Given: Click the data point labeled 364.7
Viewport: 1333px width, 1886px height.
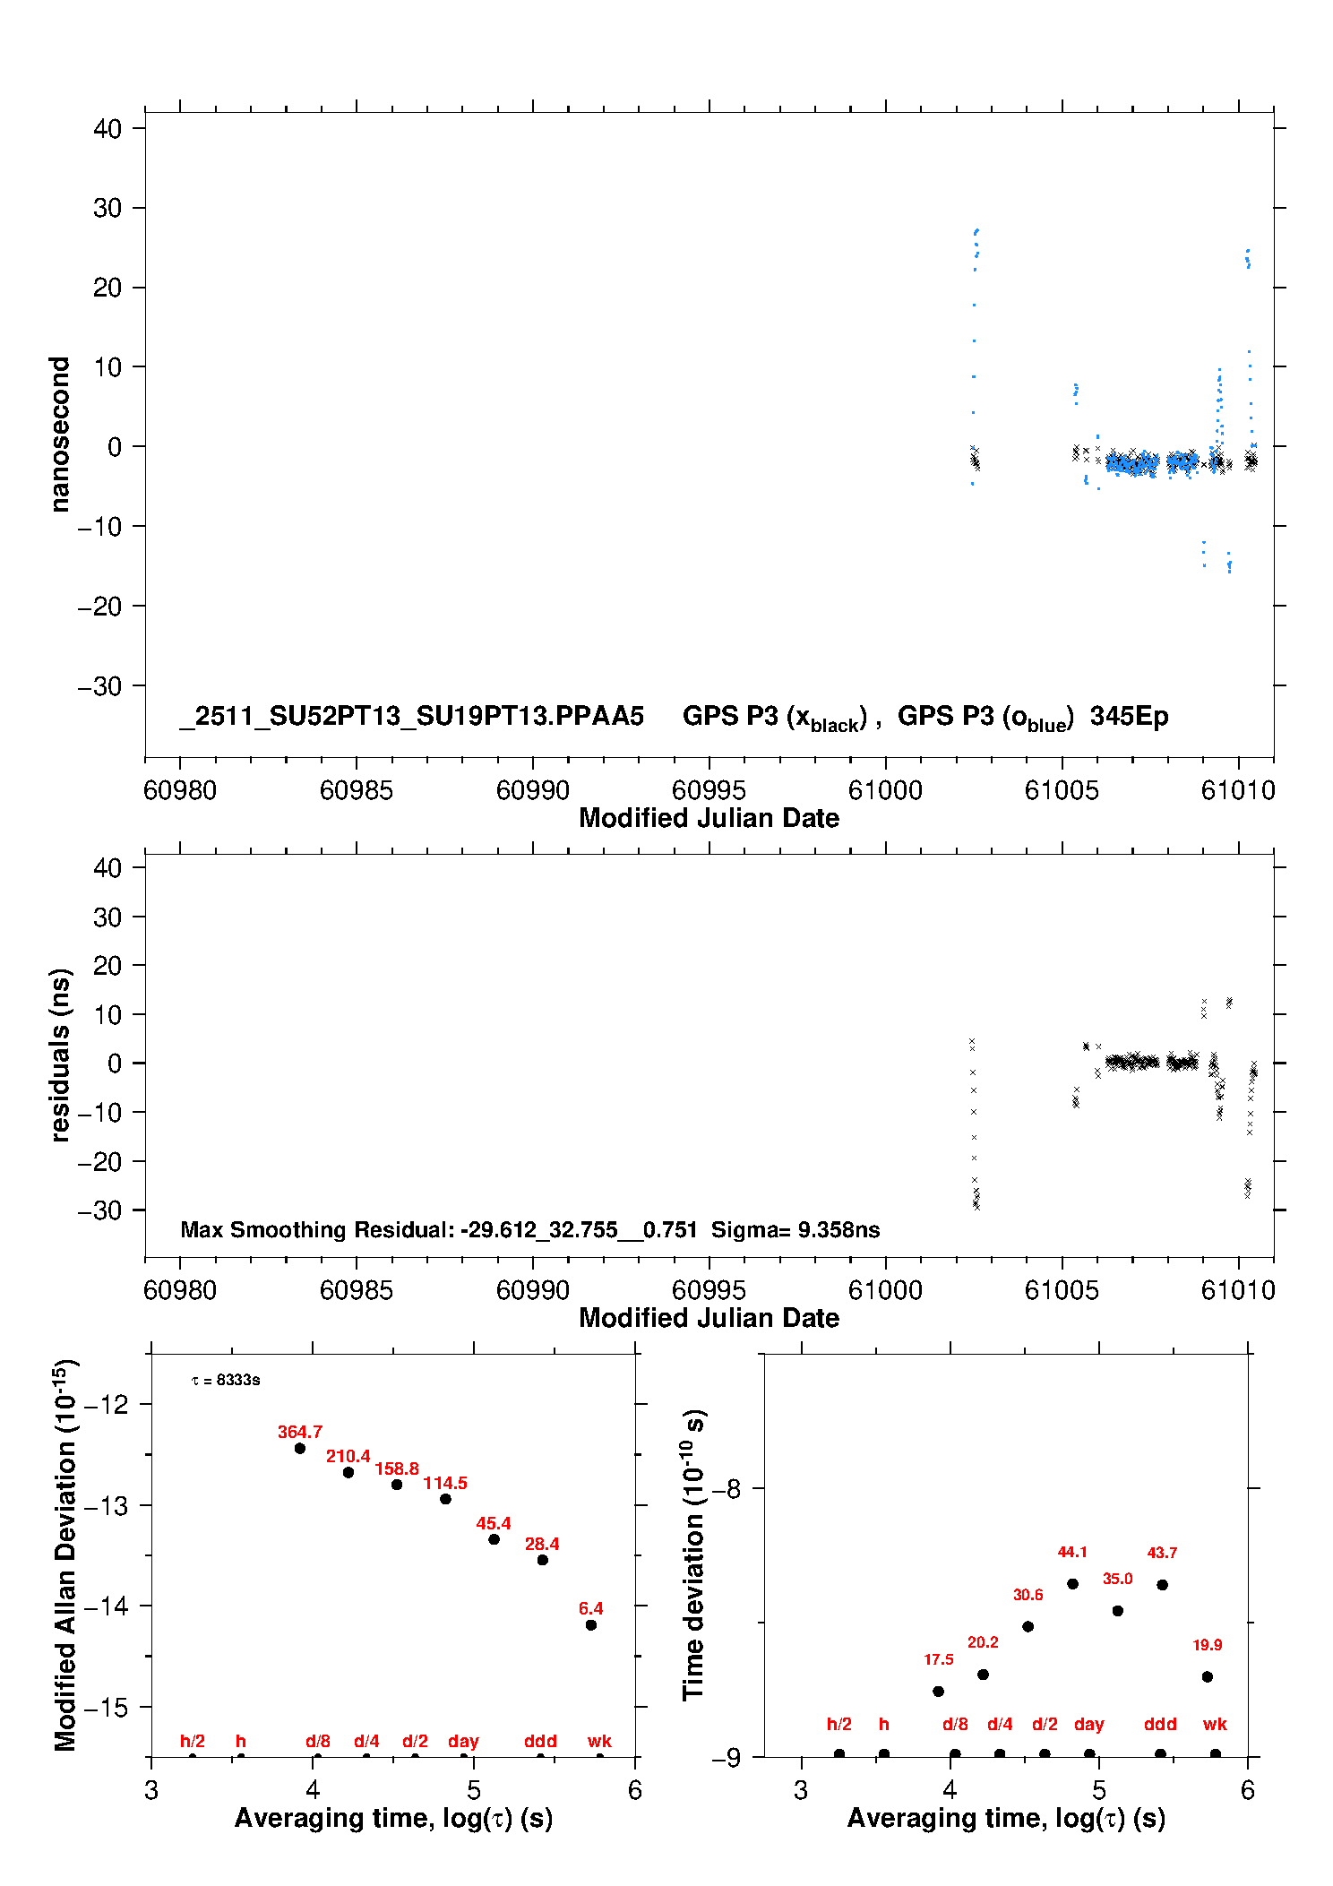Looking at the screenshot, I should pyautogui.click(x=300, y=1448).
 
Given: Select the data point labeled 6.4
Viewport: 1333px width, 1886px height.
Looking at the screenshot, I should pyautogui.click(x=591, y=1624).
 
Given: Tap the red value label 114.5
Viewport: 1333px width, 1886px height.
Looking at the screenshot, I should pyautogui.click(x=445, y=1483).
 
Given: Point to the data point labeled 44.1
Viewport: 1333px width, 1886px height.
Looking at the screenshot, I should pyautogui.click(x=1072, y=1583).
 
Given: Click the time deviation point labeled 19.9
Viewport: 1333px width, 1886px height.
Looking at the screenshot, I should pyautogui.click(x=1208, y=1676).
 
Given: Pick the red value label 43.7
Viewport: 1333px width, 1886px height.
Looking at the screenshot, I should pyautogui.click(x=1162, y=1553).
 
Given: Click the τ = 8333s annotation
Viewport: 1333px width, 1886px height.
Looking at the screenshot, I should pyautogui.click(x=226, y=1380).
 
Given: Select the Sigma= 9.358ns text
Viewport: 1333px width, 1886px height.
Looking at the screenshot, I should pyautogui.click(x=795, y=1229).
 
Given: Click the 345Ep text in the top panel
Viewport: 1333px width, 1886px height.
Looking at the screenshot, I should pyautogui.click(x=1129, y=717).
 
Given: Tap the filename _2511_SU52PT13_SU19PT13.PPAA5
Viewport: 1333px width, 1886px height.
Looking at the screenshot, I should pyautogui.click(x=412, y=717).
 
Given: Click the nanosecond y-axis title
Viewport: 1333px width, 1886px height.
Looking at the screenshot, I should pyautogui.click(x=59, y=435).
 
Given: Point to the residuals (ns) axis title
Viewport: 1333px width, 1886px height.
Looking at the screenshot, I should pyautogui.click(x=59, y=1055).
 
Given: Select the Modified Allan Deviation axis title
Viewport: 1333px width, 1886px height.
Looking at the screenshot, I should pyautogui.click(x=64, y=1554).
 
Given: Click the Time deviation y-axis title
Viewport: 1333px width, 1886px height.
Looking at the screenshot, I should pyautogui.click(x=694, y=1554).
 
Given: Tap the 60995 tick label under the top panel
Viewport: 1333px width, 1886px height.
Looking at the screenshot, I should pyautogui.click(x=709, y=790).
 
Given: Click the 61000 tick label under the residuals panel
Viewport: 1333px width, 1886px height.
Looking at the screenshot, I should pyautogui.click(x=885, y=1290).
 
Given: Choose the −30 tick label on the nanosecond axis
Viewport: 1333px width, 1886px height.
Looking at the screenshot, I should pyautogui.click(x=99, y=686).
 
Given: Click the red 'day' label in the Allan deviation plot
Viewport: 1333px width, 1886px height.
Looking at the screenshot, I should pyautogui.click(x=463, y=1741).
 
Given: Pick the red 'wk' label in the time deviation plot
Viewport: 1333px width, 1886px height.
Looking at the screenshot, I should pyautogui.click(x=1215, y=1724).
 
